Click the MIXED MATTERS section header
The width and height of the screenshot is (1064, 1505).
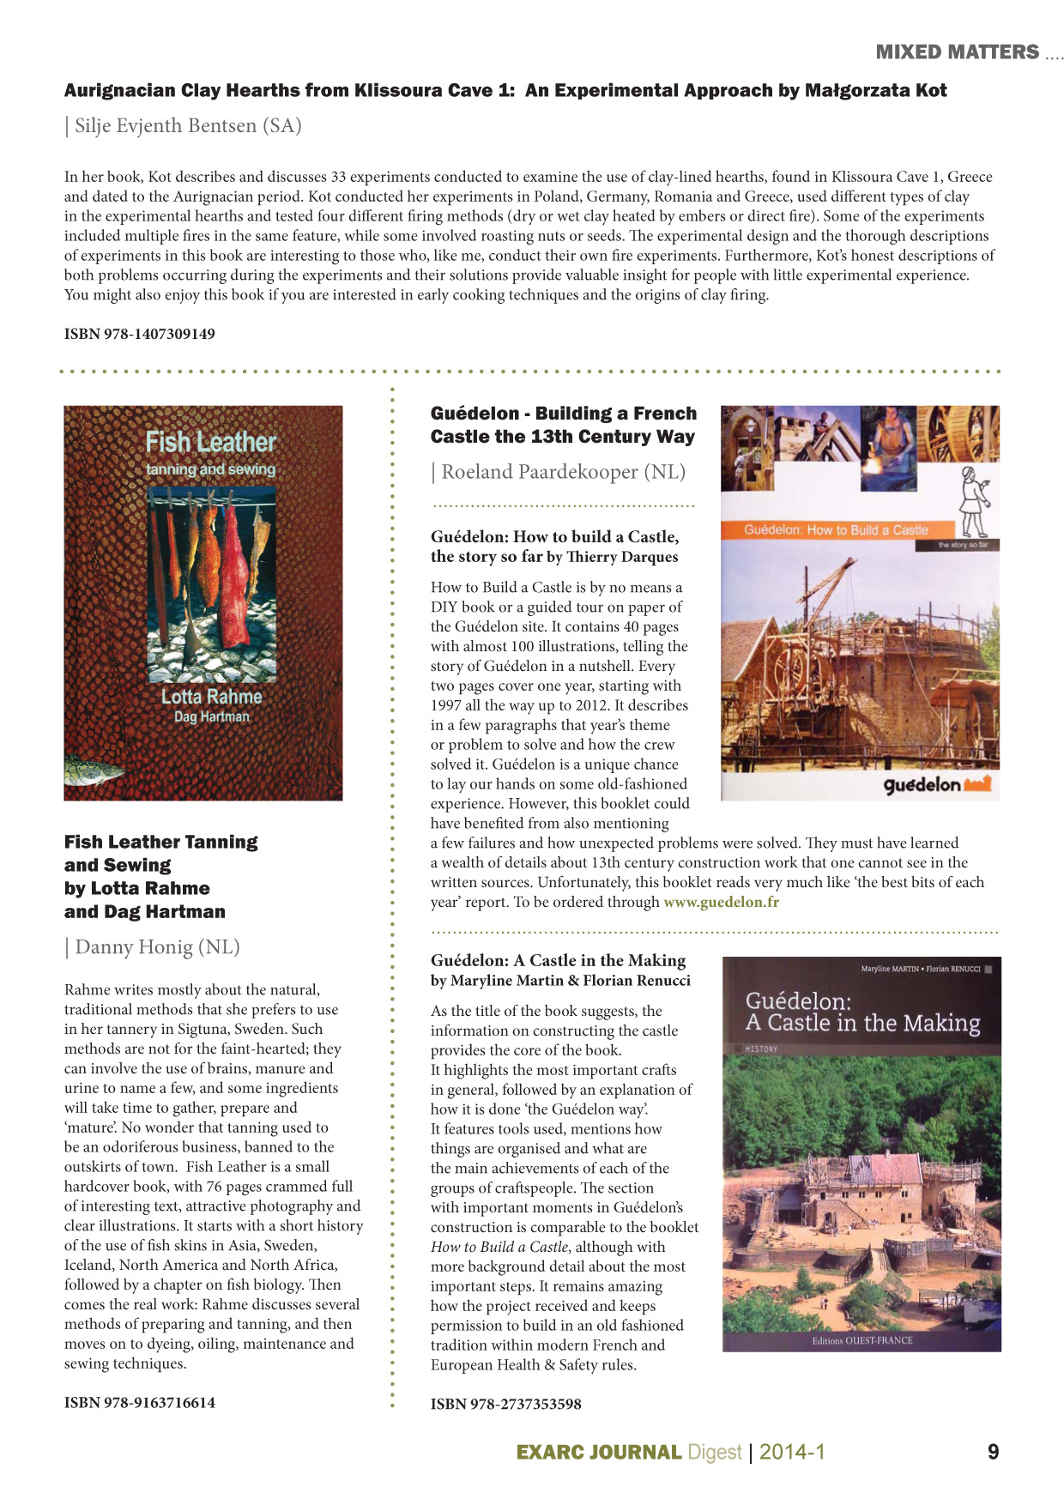point(957,52)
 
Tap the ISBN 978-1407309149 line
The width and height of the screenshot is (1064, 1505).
point(140,334)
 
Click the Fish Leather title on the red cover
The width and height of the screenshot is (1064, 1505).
point(211,442)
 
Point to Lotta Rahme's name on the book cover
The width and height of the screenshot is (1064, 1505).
point(212,697)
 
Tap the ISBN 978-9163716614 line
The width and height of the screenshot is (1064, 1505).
point(140,1403)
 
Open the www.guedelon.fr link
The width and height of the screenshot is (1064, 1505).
point(722,902)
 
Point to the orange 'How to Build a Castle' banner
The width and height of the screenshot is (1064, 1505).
point(836,530)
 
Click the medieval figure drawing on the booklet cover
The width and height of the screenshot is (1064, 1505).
point(973,501)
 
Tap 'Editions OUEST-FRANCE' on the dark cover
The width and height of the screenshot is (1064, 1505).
point(862,1340)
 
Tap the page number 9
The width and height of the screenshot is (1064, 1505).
point(994,1452)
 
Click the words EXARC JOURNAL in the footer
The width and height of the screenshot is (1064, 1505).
point(599,1453)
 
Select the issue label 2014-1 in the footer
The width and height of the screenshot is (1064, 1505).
point(792,1452)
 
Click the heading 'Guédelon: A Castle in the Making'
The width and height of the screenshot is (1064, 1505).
point(559,961)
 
